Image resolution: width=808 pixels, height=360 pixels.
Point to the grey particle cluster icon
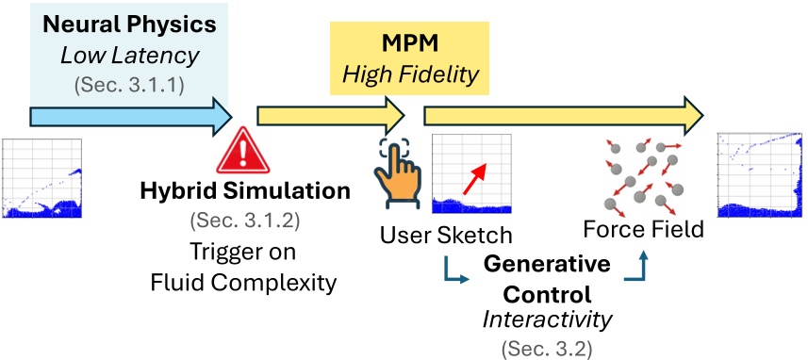click(x=641, y=174)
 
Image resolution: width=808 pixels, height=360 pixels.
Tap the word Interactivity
click(x=547, y=318)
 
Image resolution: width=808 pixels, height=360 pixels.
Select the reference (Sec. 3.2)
click(x=547, y=348)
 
